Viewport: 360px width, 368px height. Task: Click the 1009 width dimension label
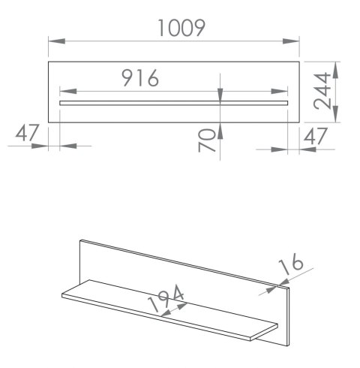pos(181,28)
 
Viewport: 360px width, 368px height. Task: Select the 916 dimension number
pos(140,78)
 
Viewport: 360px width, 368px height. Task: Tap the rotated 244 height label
pos(322,91)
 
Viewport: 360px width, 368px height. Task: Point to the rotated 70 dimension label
pos(206,140)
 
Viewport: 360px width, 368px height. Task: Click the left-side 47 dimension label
pos(27,133)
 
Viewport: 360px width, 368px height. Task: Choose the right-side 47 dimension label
pos(315,136)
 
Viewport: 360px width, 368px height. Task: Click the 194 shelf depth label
pos(166,298)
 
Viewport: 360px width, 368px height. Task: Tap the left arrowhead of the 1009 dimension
pos(57,41)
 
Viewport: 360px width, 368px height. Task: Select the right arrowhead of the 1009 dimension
pos(291,41)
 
